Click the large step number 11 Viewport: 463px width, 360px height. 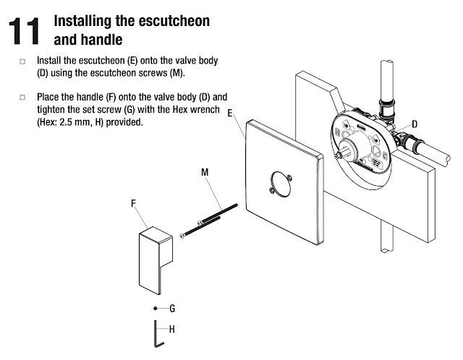click(x=24, y=31)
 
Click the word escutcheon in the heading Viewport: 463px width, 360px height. click(x=174, y=21)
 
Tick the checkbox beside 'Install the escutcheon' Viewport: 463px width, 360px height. click(x=22, y=61)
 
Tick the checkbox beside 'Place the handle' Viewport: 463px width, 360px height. click(x=22, y=97)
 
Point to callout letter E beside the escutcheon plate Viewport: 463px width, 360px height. click(x=230, y=113)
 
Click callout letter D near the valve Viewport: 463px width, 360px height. click(x=415, y=124)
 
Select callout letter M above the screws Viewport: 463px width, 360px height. click(x=205, y=172)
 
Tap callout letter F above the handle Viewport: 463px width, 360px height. click(x=133, y=203)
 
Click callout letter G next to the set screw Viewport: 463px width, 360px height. click(x=172, y=309)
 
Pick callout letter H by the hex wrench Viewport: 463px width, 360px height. click(x=172, y=329)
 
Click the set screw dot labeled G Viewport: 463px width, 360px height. click(x=156, y=309)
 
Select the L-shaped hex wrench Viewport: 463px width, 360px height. click(x=156, y=333)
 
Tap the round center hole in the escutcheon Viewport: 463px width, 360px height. click(x=280, y=184)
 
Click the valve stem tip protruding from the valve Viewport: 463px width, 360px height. click(x=337, y=155)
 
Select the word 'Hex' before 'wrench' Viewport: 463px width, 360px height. click(x=180, y=109)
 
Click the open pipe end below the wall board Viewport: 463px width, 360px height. click(x=386, y=251)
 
